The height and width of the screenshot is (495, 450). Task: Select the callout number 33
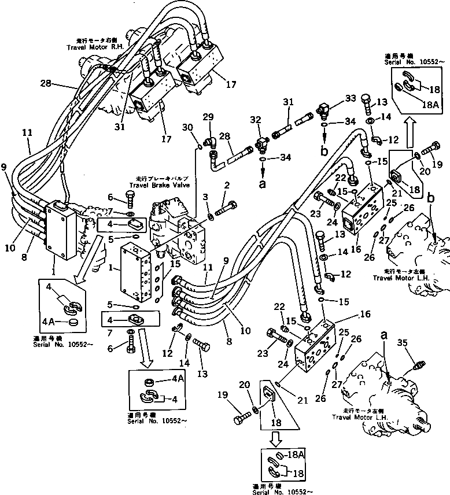click(x=350, y=99)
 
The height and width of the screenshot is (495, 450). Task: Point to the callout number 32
click(x=256, y=120)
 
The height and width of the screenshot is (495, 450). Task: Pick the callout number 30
click(x=186, y=127)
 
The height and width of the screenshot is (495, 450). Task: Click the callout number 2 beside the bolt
click(x=227, y=185)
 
